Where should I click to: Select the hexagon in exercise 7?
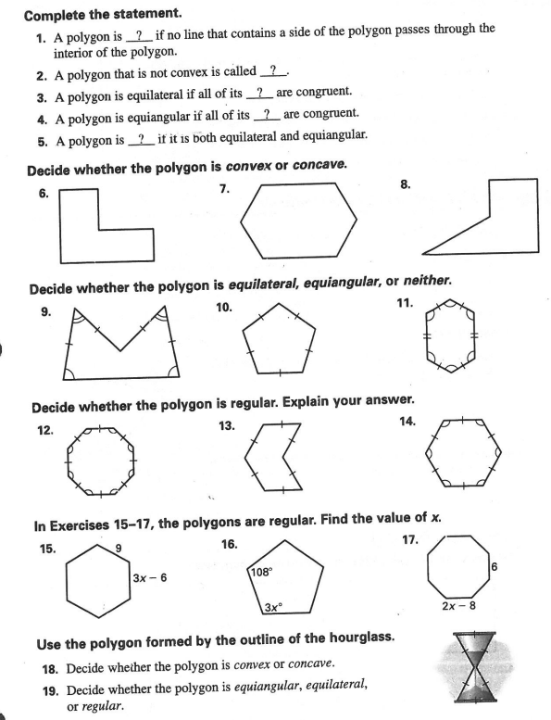[297, 222]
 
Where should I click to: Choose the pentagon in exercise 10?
[279, 344]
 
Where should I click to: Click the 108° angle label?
[263, 572]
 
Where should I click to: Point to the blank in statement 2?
[276, 71]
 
